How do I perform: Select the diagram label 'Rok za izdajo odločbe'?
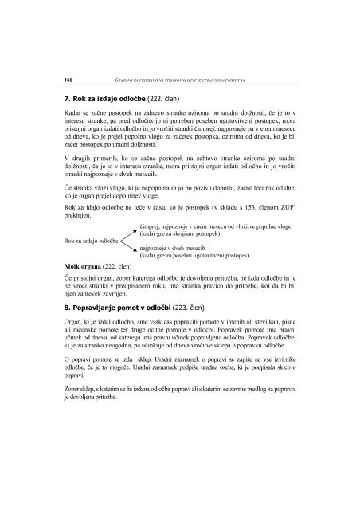pos(90,241)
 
